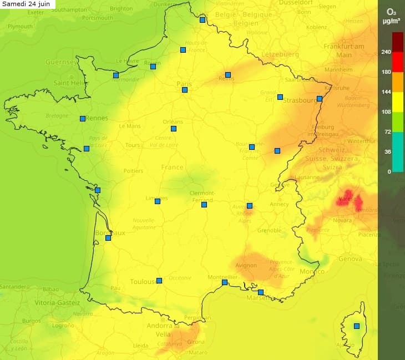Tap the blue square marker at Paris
pos(185,90)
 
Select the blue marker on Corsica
pos(357,326)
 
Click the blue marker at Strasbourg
pos(320,99)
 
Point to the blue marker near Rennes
pos(83,118)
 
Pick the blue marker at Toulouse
pos(159,281)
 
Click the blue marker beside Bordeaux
pos(108,238)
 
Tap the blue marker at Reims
pos(228,75)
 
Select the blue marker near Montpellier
pos(225,282)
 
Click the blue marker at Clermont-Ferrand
pos(204,205)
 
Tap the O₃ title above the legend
pos(391,11)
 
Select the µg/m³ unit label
pos(391,22)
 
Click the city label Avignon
pos(246,265)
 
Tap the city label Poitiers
pos(133,171)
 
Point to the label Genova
pos(350,259)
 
